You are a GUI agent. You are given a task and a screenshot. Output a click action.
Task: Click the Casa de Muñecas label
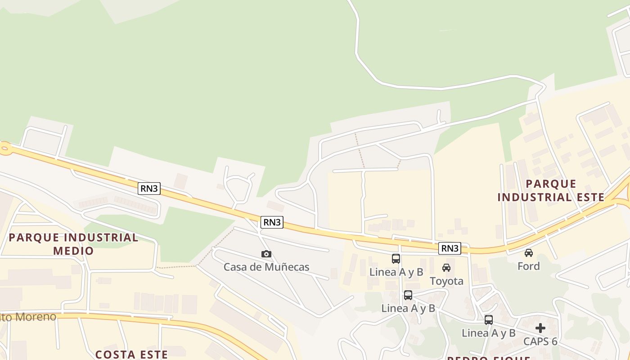[x=266, y=267]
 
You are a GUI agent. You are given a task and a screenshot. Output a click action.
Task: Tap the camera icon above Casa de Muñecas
[x=266, y=254]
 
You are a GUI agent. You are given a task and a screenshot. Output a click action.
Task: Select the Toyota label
[x=446, y=281]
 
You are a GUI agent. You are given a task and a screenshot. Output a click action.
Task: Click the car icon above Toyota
[x=446, y=268]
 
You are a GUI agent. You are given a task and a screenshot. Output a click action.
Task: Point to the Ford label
[x=528, y=266]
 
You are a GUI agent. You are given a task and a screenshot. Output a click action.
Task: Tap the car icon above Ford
[x=529, y=253]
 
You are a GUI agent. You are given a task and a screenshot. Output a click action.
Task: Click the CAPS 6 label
[x=540, y=342]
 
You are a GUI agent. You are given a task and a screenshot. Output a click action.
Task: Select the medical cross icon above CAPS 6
[x=540, y=328]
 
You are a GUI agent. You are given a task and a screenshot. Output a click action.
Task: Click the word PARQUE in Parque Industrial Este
[x=551, y=184]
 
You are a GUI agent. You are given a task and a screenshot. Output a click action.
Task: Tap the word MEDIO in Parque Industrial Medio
[x=73, y=251]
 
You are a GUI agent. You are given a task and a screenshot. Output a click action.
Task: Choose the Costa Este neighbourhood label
[x=131, y=354]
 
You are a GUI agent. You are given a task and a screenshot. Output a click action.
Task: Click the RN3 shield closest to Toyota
[x=450, y=248]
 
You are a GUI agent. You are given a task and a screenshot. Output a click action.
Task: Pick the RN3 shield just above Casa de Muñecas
[x=272, y=222]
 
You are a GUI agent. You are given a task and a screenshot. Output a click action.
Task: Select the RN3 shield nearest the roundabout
[x=149, y=189]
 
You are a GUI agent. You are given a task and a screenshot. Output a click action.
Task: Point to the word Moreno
[x=36, y=317]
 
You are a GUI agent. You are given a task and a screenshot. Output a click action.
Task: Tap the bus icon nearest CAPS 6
[x=489, y=320]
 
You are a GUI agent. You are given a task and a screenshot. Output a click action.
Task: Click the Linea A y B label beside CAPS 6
[x=489, y=333]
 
